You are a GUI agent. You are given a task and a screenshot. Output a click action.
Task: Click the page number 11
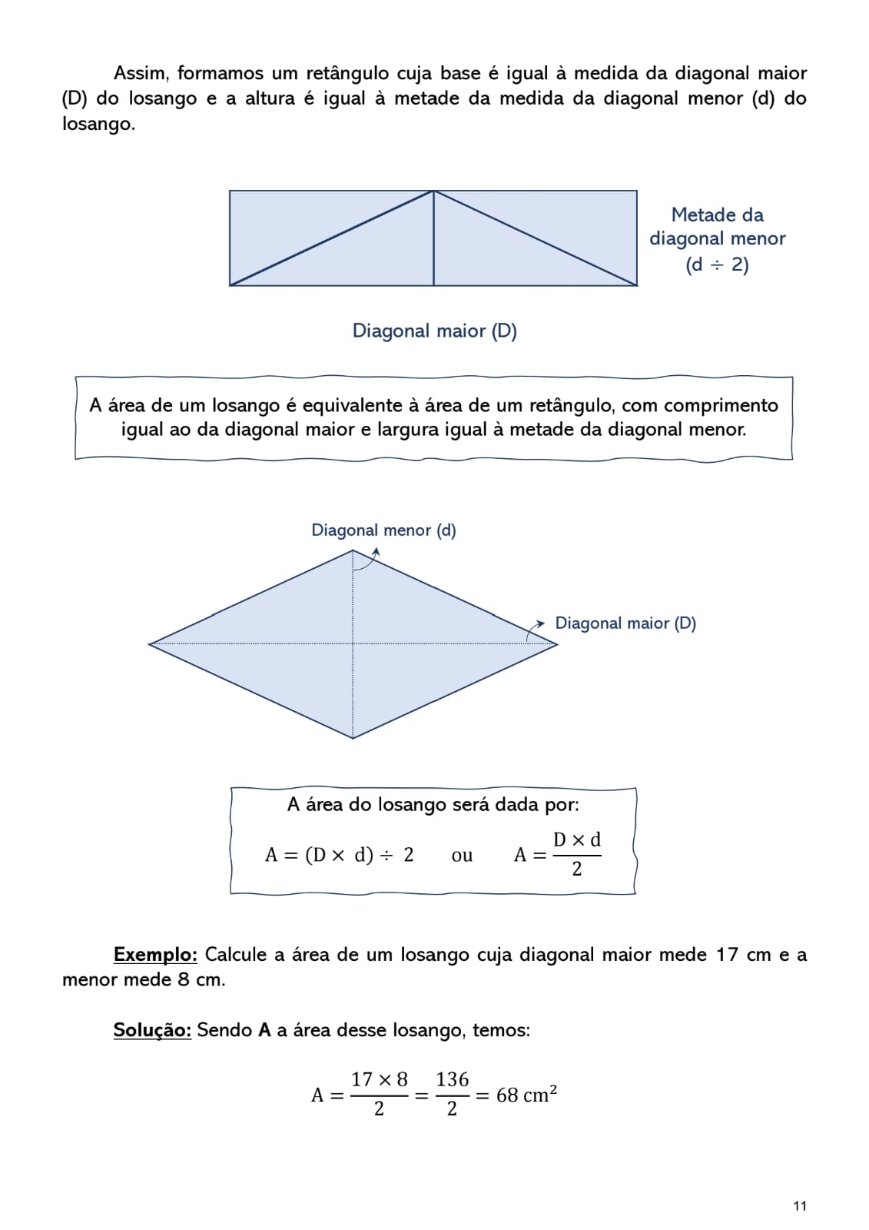800,1205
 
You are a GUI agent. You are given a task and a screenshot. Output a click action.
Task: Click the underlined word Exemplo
155,955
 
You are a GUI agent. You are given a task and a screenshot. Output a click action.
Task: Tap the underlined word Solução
152,1030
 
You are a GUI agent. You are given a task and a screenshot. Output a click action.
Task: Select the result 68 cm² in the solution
526,1095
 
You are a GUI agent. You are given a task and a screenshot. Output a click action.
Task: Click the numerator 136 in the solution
452,1080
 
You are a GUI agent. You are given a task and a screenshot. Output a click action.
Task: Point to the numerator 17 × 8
379,1080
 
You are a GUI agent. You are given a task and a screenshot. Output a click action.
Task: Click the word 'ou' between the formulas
462,856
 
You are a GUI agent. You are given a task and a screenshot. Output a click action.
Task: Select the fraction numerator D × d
576,840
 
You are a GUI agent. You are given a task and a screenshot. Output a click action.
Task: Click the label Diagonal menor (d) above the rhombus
383,530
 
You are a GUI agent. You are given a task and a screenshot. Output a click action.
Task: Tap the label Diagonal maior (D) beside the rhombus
625,623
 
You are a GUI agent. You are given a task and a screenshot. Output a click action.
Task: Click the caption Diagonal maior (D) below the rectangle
434,331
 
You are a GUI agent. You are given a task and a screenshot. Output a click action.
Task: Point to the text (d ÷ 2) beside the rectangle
717,265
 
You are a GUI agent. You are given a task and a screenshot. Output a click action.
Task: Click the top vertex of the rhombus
353,550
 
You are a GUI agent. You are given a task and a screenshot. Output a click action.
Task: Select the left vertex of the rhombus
150,643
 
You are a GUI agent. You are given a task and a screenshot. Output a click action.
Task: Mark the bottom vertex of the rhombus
353,738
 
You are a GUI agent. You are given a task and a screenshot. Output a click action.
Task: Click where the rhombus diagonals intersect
353,643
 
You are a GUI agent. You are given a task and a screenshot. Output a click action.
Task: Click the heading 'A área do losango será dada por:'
433,805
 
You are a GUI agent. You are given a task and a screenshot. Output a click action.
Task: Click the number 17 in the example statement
726,955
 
